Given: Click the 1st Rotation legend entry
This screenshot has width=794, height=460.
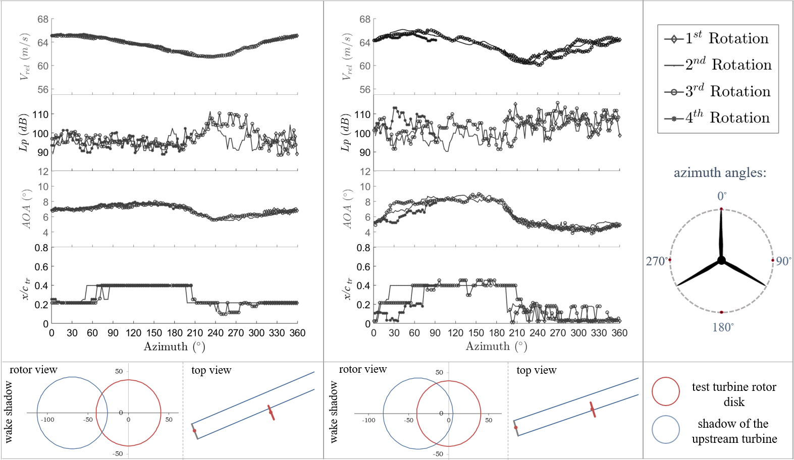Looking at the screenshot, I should [717, 39].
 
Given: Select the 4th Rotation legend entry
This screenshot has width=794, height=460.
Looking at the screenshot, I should [717, 118].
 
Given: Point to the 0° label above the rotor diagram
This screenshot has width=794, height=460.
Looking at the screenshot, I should [722, 196].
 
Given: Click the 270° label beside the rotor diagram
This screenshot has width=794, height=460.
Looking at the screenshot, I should [656, 261].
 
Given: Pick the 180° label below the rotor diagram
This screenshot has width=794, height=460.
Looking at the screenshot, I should [723, 328].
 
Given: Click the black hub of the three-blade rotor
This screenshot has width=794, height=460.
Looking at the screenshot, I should [721, 260].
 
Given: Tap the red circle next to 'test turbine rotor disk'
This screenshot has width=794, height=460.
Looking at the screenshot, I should [665, 391].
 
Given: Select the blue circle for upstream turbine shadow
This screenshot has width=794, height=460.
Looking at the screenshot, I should [666, 429].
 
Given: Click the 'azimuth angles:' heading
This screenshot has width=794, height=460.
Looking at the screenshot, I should [720, 173].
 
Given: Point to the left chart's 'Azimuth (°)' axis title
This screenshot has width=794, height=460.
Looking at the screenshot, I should [174, 347].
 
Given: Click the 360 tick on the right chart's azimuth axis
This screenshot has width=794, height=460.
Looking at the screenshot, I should [619, 333].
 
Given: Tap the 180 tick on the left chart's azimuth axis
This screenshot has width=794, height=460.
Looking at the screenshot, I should [175, 333].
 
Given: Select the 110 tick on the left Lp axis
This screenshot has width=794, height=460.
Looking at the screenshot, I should [41, 114].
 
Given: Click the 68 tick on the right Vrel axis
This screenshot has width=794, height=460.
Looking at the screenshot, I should [364, 20].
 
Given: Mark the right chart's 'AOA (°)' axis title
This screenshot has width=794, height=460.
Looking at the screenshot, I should [347, 209].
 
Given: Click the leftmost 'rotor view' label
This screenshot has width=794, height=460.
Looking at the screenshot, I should [33, 370].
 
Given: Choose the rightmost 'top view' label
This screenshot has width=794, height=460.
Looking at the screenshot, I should [536, 370].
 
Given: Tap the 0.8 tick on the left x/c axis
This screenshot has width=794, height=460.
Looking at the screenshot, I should [41, 248].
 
